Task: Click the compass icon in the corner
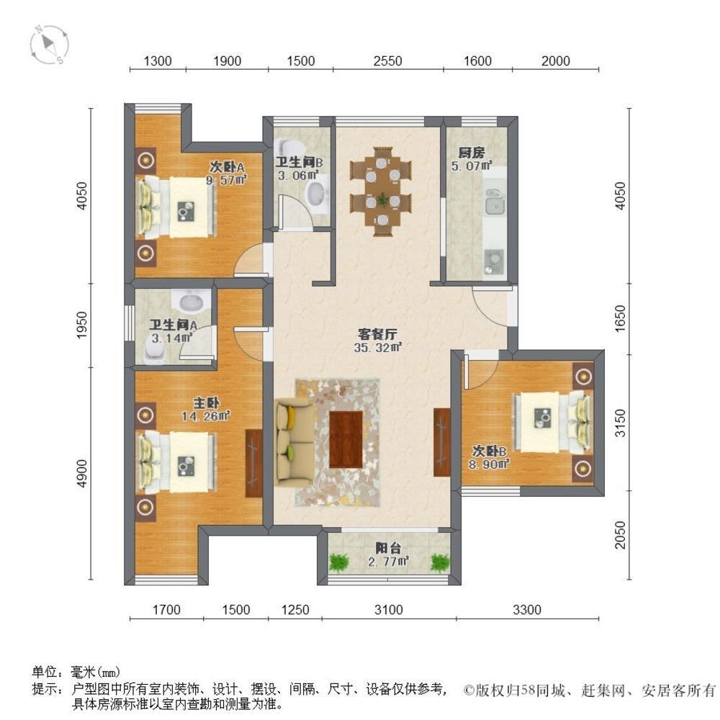coord(49,45)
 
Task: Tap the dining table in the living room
coord(381,192)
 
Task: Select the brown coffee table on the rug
coord(346,439)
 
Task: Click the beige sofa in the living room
coord(294,443)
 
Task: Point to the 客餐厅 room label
coord(377,334)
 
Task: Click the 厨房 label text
coord(471,153)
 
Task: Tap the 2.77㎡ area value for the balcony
coord(388,561)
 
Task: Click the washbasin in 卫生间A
coord(193,301)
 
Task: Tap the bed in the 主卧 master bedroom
coord(176,462)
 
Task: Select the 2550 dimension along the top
coord(387,61)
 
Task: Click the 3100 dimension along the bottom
coord(389,610)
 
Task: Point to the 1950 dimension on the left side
coord(82,325)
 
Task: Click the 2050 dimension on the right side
coord(621,534)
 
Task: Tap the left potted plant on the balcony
coord(338,562)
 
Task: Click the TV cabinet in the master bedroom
coord(253,463)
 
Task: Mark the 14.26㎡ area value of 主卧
coord(205,416)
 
